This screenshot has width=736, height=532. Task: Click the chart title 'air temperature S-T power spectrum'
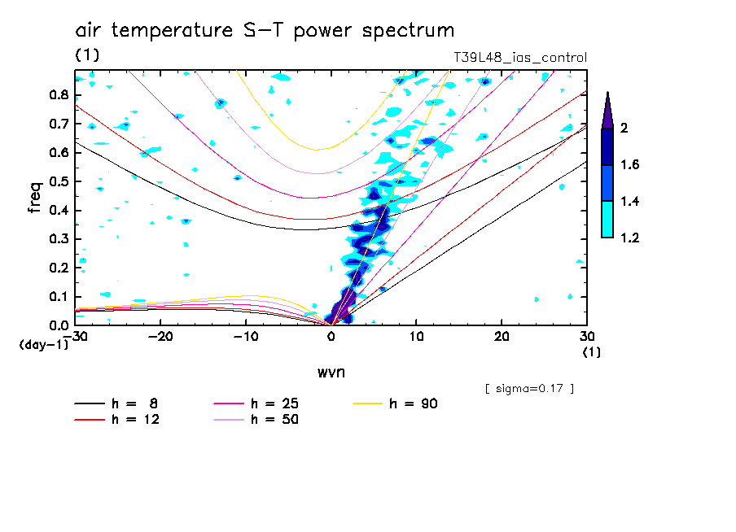pyautogui.click(x=265, y=32)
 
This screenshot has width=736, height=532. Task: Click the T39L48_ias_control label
pyautogui.click(x=519, y=58)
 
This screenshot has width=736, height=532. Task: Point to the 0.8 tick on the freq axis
pyautogui.click(x=58, y=94)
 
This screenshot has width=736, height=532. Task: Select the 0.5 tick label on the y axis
pyautogui.click(x=58, y=181)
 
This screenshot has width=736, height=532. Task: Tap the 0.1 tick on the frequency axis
pyautogui.click(x=58, y=297)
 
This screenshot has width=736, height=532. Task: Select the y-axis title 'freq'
pyautogui.click(x=35, y=198)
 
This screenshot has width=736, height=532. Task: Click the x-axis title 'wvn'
pyautogui.click(x=331, y=372)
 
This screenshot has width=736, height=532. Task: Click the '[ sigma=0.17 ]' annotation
pyautogui.click(x=529, y=388)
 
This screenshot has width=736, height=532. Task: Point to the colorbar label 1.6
pyautogui.click(x=630, y=165)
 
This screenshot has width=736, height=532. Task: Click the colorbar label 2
pyautogui.click(x=624, y=129)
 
